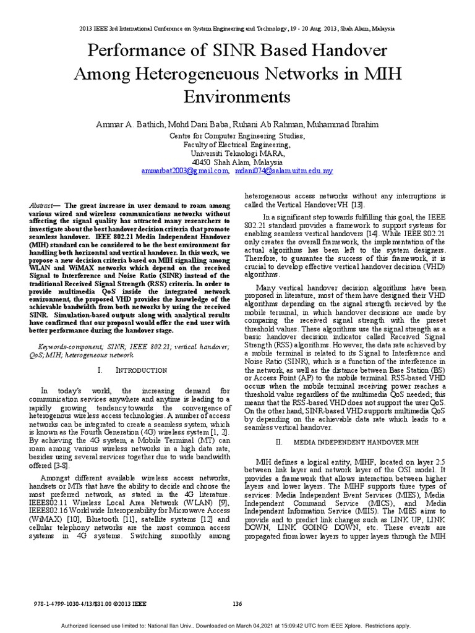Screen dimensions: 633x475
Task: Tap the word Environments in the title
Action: pos(237,96)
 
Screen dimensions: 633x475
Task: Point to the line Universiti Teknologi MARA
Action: pos(237,153)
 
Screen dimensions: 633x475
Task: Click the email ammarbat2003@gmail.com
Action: pos(185,170)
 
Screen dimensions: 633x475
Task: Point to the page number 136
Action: pos(237,603)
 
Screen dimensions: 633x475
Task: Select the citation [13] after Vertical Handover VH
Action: pos(358,205)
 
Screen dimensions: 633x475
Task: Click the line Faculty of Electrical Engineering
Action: pos(237,144)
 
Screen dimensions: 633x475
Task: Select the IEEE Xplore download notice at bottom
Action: pos(237,624)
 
